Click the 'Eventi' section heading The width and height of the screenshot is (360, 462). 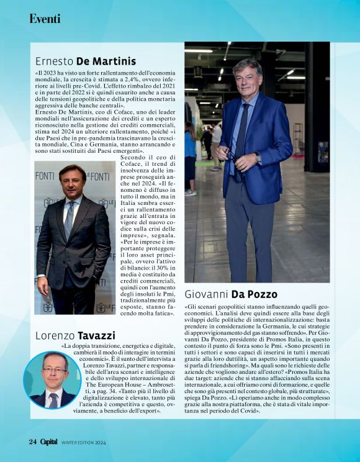pos(45,19)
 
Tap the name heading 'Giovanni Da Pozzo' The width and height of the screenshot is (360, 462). pos(231,294)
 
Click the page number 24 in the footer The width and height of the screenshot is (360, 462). pos(33,442)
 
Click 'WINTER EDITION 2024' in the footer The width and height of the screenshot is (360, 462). pos(84,443)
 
